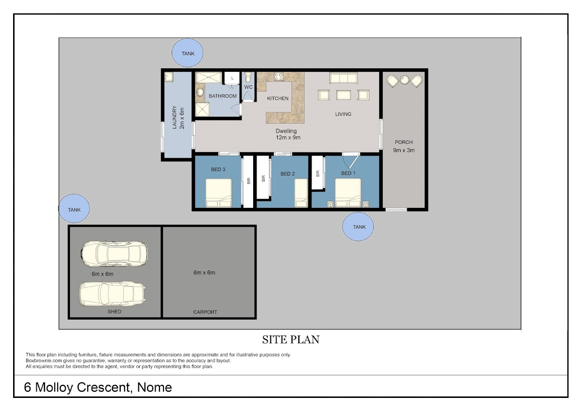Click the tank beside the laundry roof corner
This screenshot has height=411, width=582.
(187, 53)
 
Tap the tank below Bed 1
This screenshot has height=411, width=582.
(358, 227)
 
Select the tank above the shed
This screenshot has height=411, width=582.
(74, 208)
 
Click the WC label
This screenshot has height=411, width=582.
(248, 87)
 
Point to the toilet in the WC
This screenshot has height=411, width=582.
(248, 77)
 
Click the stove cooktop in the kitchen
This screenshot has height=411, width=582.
(278, 76)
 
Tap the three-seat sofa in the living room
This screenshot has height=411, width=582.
(343, 78)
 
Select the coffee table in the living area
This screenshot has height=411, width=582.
(343, 95)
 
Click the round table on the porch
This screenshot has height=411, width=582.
(404, 79)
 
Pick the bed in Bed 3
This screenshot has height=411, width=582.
(219, 193)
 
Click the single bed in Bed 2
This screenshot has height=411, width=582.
(301, 193)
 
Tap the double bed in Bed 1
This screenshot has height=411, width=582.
(348, 192)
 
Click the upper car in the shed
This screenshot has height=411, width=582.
(114, 253)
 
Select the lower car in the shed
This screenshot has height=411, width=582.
(113, 294)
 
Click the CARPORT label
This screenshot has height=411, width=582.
(205, 312)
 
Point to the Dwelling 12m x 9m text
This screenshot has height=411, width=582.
(288, 134)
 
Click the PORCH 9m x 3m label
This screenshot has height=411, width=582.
(404, 146)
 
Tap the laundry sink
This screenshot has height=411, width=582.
(169, 77)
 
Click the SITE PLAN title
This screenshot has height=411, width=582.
(291, 340)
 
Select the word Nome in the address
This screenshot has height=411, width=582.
(154, 387)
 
